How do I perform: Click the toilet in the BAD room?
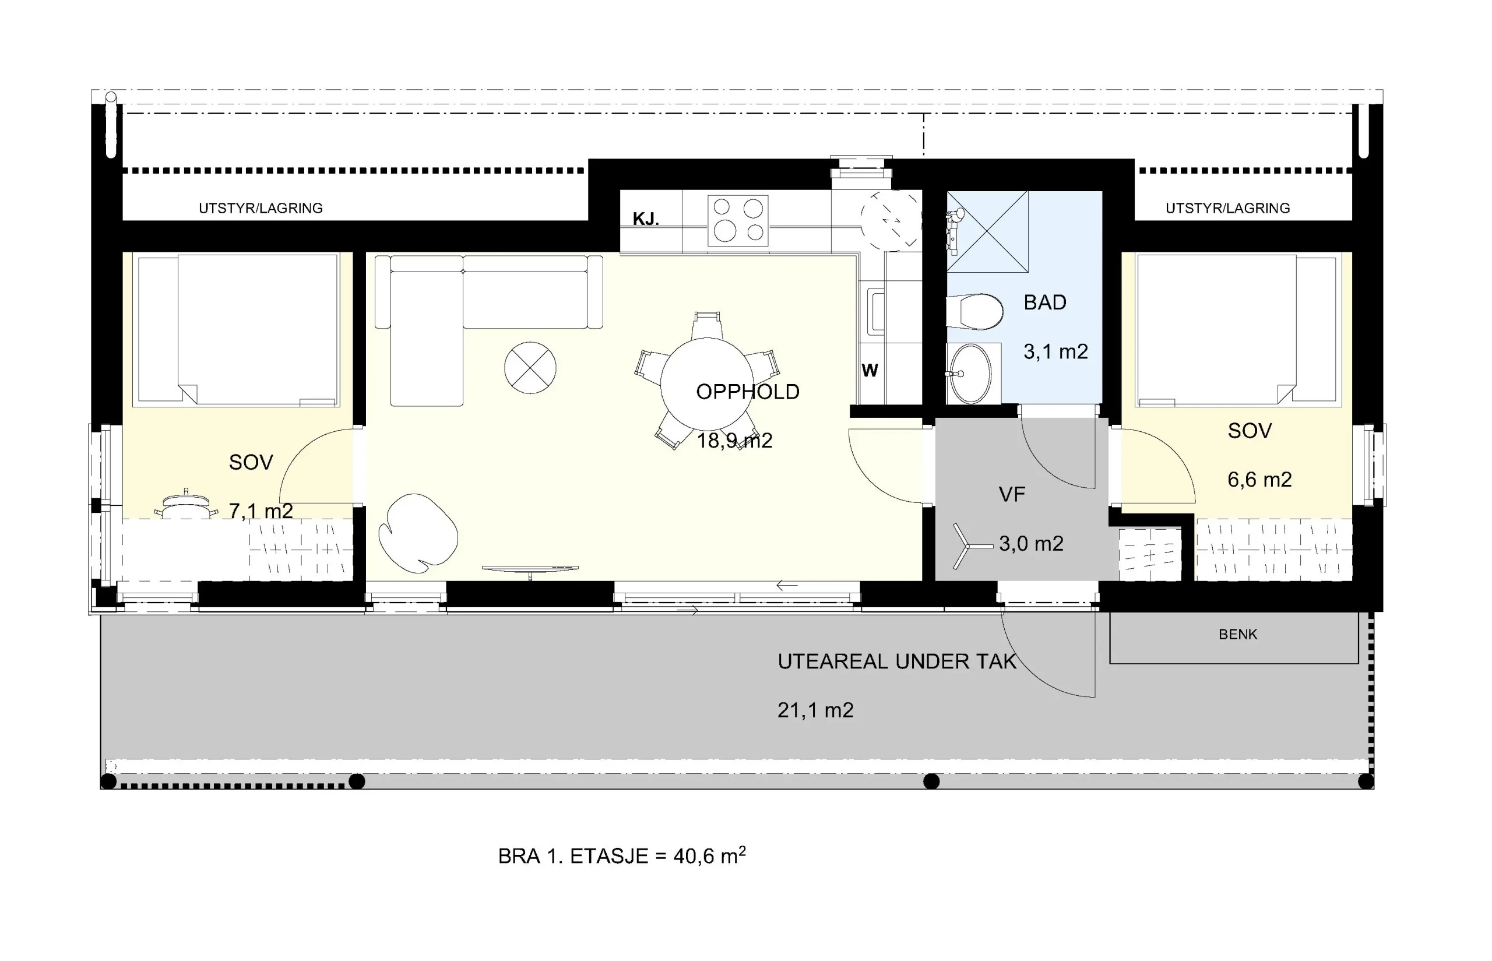974,311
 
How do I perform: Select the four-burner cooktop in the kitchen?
738,220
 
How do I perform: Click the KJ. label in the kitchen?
646,219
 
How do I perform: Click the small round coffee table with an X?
530,368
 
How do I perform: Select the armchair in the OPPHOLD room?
418,533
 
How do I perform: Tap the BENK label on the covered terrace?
1238,635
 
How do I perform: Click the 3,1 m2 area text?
1056,352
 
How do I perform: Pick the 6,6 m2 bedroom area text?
1259,480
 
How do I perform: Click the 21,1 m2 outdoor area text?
815,710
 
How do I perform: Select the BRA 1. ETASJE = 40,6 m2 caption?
621,856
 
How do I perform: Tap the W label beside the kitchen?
870,371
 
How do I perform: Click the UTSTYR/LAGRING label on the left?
261,209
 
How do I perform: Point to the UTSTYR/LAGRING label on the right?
1227,209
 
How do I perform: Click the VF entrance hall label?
1012,495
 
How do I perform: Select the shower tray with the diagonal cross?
987,231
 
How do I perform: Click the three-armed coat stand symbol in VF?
971,547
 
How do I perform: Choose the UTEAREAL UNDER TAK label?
897,661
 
